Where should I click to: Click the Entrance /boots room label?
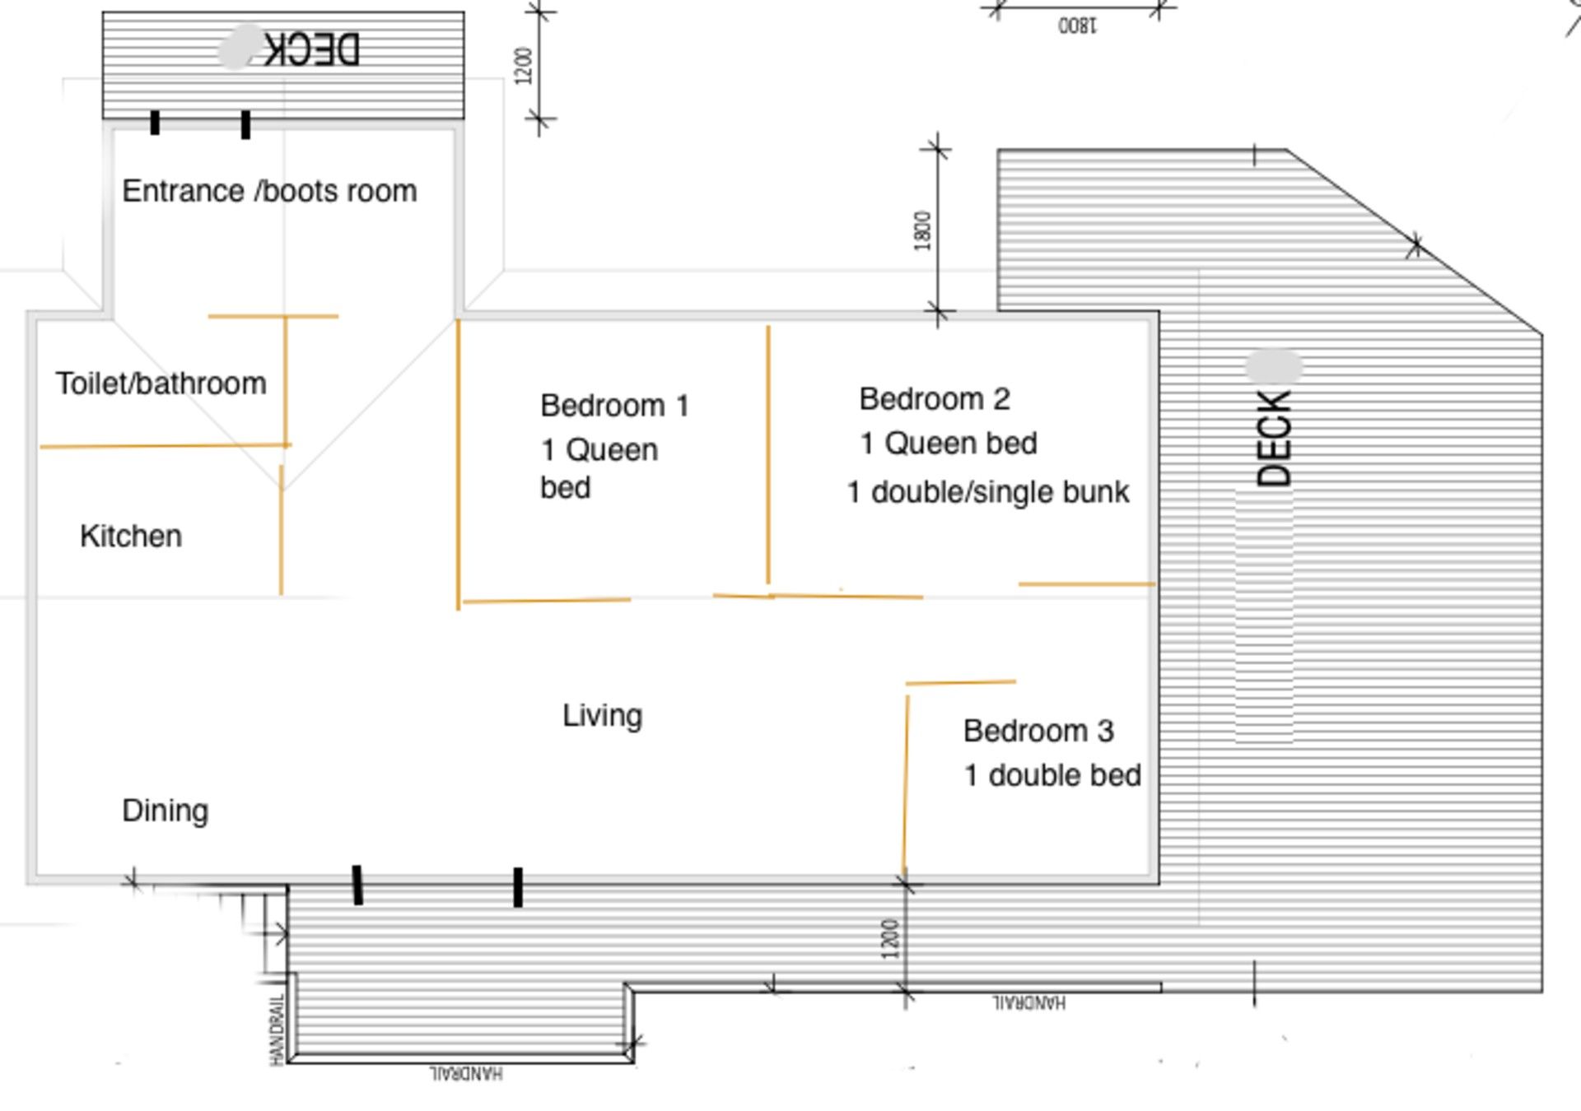click(269, 191)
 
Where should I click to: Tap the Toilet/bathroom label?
click(161, 384)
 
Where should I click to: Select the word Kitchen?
click(131, 536)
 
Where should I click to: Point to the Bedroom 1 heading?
click(614, 406)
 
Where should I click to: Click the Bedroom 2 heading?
click(935, 399)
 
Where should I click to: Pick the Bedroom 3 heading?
click(1038, 731)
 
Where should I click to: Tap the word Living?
click(602, 716)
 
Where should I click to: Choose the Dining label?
click(165, 811)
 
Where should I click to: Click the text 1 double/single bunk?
click(988, 492)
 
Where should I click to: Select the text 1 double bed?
click(1052, 775)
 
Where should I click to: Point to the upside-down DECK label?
click(312, 49)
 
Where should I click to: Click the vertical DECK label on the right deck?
click(1274, 439)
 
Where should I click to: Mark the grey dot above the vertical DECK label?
click(1274, 367)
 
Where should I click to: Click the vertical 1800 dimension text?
click(923, 230)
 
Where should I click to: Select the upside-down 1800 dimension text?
click(1077, 26)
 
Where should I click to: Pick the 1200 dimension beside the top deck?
click(524, 66)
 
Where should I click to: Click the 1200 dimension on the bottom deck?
click(890, 939)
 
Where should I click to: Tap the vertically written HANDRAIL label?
click(277, 1030)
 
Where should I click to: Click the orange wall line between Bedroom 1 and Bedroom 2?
click(768, 455)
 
